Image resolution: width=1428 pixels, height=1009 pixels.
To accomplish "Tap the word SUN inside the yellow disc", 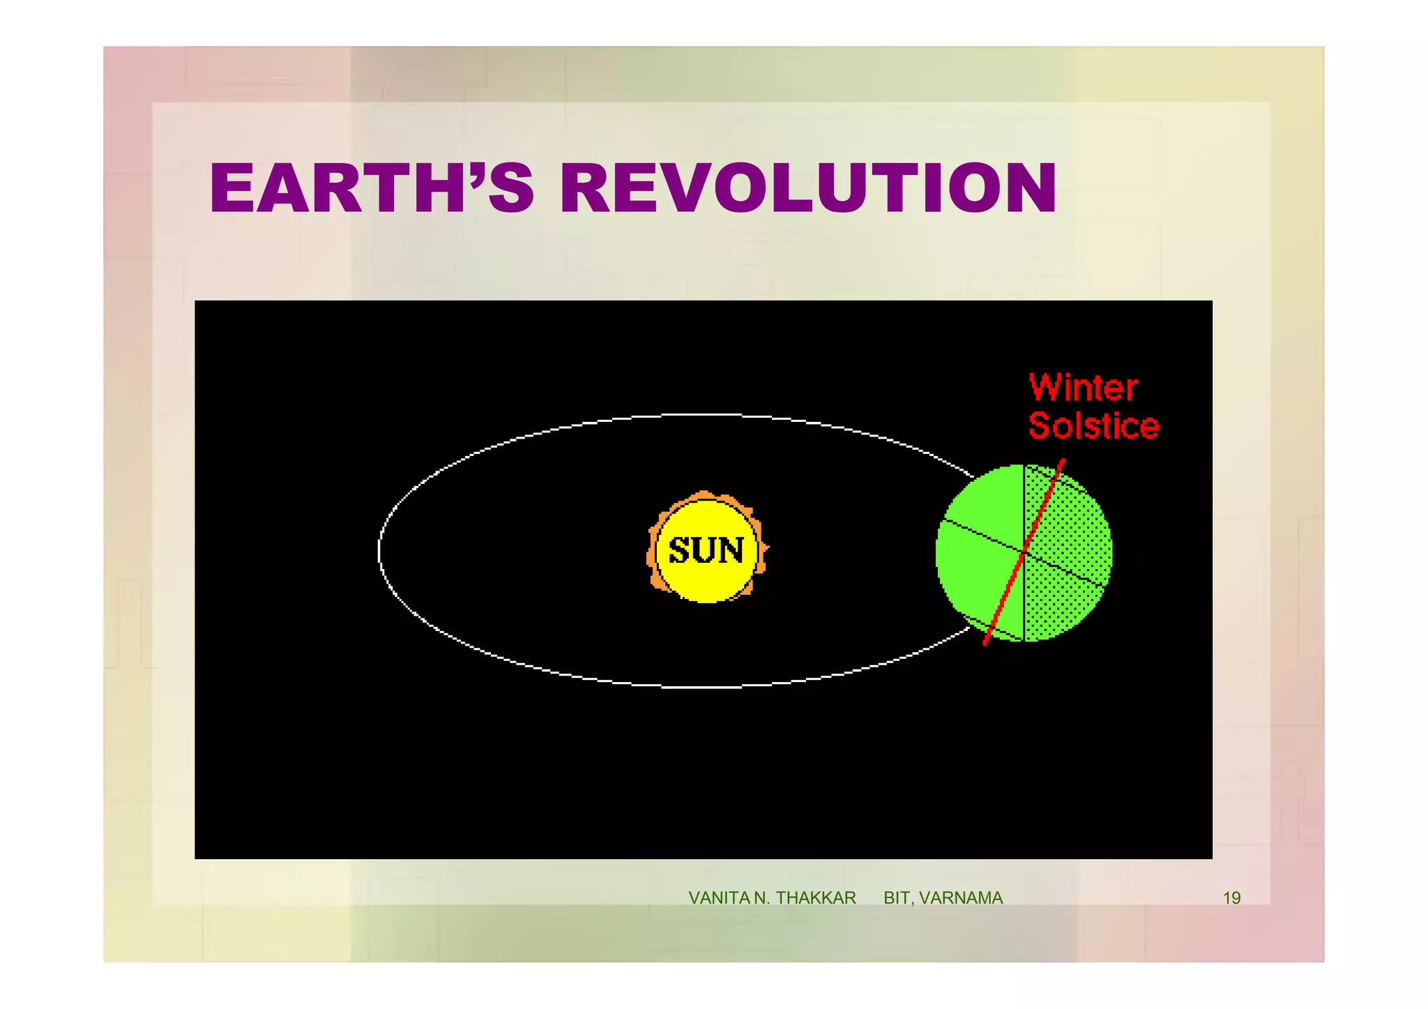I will pos(706,550).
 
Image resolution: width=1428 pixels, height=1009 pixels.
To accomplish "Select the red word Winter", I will pos(1083,388).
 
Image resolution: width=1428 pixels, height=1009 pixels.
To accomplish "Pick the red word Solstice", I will pos(1093,426).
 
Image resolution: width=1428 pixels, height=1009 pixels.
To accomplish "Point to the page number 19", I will pos(1231,898).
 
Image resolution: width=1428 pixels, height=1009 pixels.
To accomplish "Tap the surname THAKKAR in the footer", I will pos(816,898).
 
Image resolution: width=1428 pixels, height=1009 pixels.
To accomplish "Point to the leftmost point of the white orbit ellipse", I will pos(379,551).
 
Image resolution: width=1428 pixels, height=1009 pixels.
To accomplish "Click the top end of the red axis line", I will pos(1063,460).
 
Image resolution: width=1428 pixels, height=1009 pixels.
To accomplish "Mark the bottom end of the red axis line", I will pos(985,644).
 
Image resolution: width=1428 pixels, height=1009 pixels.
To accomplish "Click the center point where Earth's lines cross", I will pos(1024,552).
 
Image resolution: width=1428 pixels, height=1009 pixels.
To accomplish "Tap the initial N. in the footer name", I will pos(762,898).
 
